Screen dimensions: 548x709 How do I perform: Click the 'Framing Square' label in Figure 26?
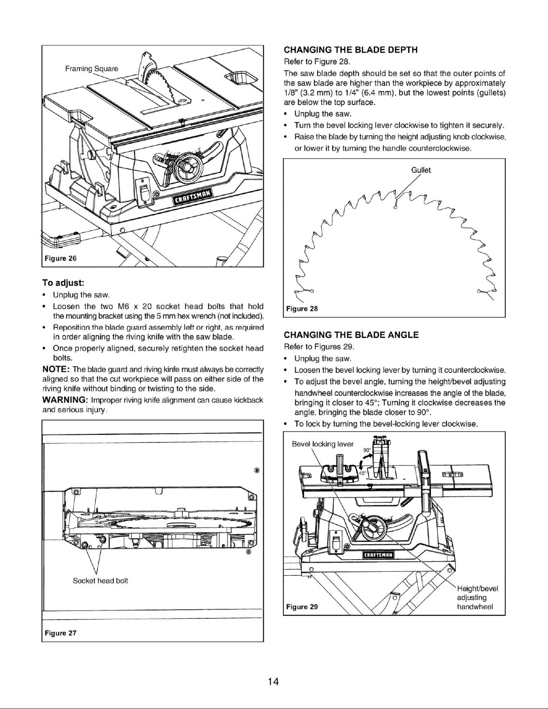92,68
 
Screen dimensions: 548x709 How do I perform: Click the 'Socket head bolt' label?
100,581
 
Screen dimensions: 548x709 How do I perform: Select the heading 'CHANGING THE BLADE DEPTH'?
351,50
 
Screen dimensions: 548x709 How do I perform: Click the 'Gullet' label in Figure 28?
421,170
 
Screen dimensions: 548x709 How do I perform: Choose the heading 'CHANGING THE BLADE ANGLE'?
352,335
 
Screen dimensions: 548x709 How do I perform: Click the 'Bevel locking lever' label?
323,444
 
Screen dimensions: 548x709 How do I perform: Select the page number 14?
274,682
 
